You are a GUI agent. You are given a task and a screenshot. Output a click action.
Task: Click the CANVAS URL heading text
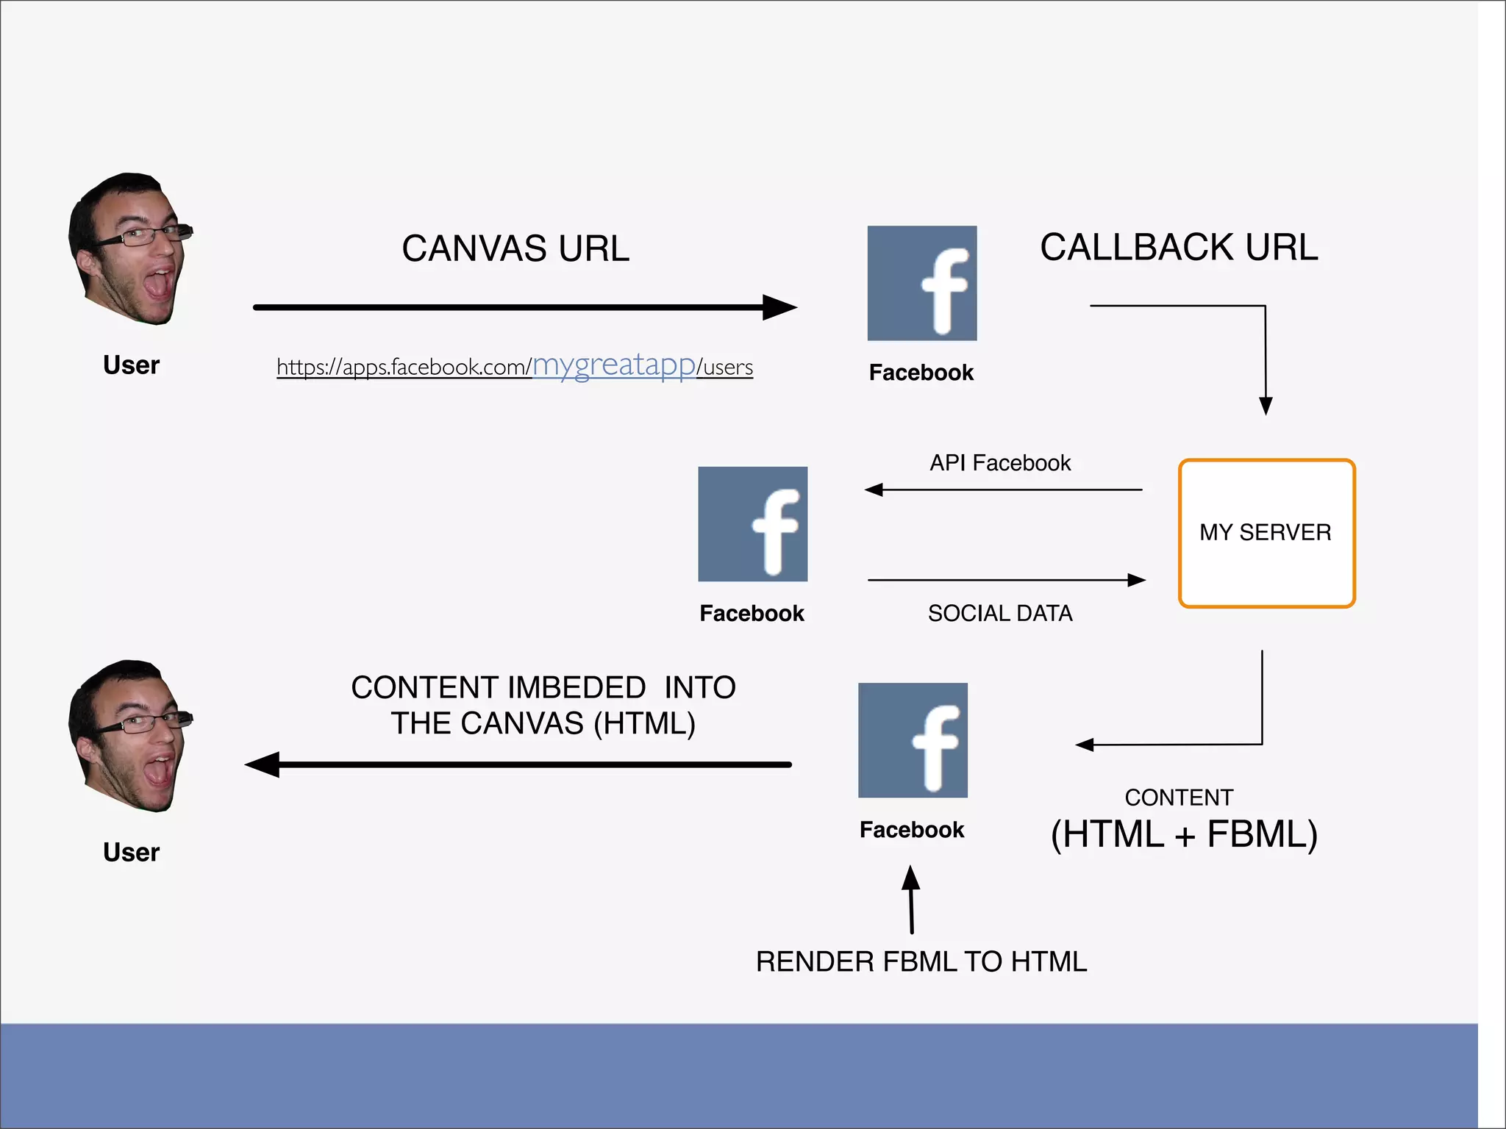tap(515, 248)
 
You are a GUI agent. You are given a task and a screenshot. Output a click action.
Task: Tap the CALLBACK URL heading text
tap(1179, 247)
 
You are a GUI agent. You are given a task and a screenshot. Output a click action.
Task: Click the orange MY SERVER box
tap(1266, 533)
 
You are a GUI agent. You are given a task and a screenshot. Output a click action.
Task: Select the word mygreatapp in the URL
tap(613, 365)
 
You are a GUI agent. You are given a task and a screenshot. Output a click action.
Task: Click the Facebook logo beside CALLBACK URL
tap(922, 283)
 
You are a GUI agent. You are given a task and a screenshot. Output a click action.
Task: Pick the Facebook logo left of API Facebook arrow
tap(752, 524)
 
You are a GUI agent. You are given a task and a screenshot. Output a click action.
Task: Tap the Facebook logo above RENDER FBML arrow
tap(913, 740)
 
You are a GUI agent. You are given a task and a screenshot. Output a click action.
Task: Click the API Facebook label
tap(1000, 463)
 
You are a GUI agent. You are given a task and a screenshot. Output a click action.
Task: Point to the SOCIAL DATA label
tap(1000, 613)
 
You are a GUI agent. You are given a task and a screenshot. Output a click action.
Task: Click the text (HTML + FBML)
tap(1184, 834)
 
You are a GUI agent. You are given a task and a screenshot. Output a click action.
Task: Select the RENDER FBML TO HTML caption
tap(921, 961)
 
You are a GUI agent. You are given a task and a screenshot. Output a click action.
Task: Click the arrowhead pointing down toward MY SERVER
tap(1266, 405)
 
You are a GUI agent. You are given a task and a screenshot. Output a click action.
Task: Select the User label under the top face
tap(131, 365)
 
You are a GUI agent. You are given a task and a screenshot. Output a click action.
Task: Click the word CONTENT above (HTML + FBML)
tap(1179, 798)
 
